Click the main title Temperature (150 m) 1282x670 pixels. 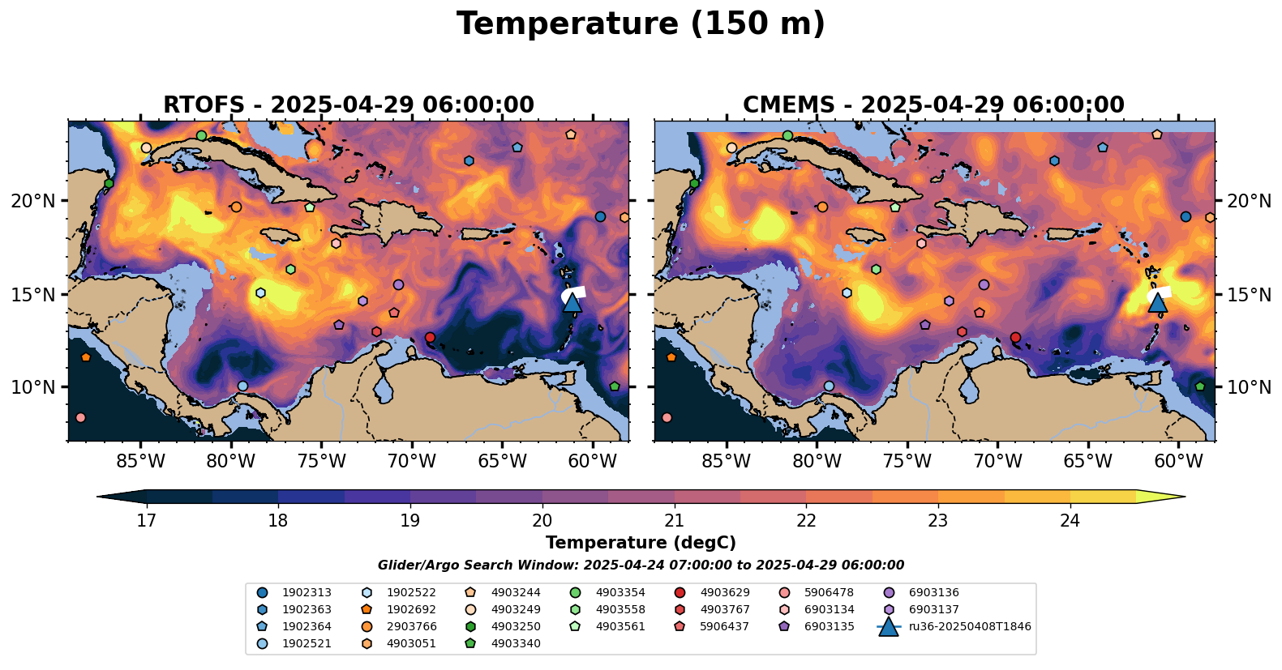click(x=641, y=24)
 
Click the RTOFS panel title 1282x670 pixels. click(x=349, y=105)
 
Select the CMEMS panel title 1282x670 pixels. click(x=933, y=105)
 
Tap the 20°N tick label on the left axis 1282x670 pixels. click(x=33, y=201)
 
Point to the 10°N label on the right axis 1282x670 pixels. click(x=1250, y=387)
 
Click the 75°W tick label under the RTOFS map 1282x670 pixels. click(x=321, y=462)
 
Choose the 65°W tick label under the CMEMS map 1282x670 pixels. click(x=1087, y=462)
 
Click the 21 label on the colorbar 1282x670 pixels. click(x=674, y=520)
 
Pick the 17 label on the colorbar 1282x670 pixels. click(x=146, y=520)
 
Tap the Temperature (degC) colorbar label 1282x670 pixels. click(x=641, y=543)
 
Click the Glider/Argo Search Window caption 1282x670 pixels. click(x=641, y=565)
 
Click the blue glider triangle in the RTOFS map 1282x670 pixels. click(x=572, y=303)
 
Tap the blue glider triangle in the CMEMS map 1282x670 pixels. click(x=1158, y=303)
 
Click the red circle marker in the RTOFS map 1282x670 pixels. click(x=430, y=337)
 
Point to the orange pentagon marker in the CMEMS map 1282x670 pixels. click(x=671, y=357)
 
